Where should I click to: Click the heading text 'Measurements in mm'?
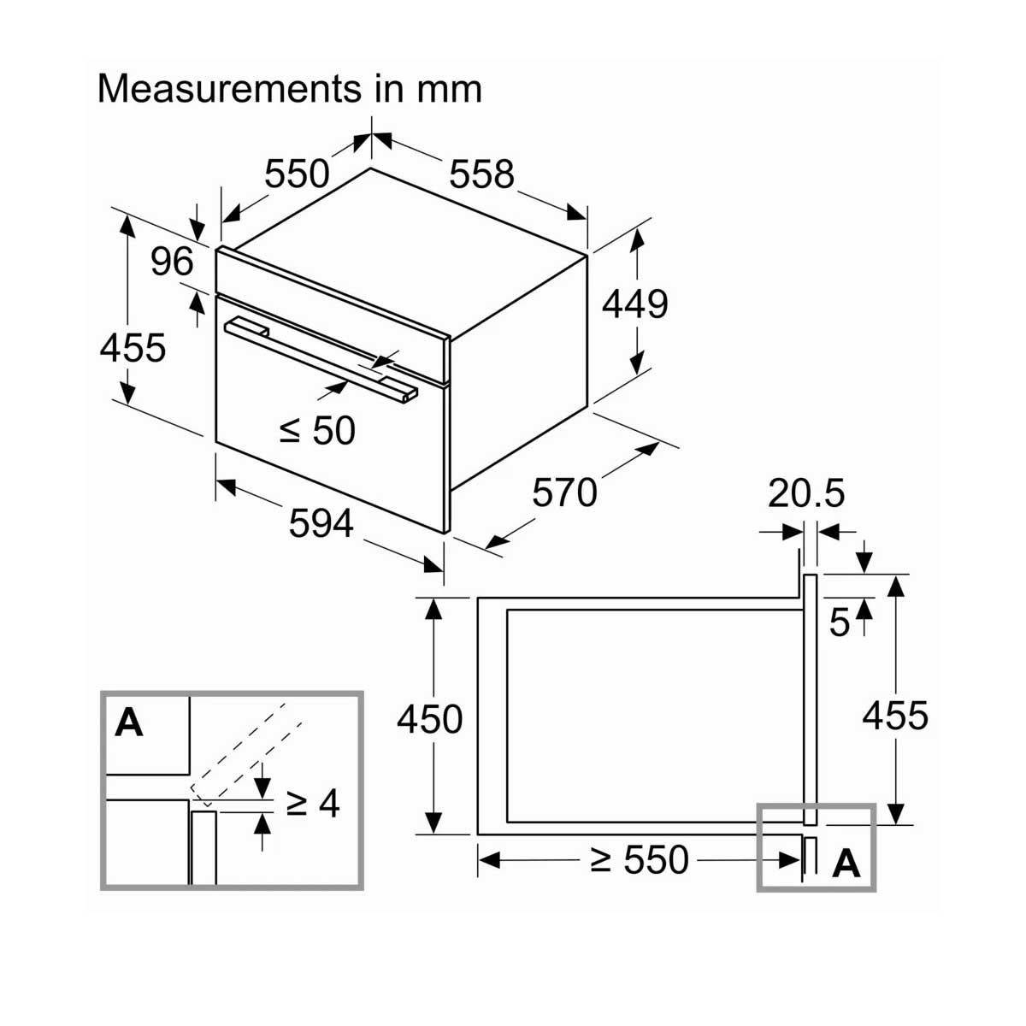[x=290, y=89]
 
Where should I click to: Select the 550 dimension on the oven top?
[x=297, y=174]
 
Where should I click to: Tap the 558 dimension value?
[x=482, y=174]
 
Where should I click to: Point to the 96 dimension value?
[x=172, y=262]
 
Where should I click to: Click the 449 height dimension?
[x=635, y=304]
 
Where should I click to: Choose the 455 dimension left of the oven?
[x=133, y=348]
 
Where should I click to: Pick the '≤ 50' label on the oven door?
[x=317, y=430]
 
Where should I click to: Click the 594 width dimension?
[x=321, y=523]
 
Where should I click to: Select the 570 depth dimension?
[x=564, y=493]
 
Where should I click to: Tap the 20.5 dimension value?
[x=805, y=493]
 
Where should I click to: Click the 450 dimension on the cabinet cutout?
[x=429, y=719]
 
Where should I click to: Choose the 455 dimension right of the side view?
[x=894, y=715]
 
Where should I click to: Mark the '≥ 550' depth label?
[x=640, y=860]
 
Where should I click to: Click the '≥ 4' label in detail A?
[x=313, y=803]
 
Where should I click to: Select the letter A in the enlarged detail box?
[x=129, y=723]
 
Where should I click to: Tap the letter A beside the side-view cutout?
[x=846, y=864]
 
